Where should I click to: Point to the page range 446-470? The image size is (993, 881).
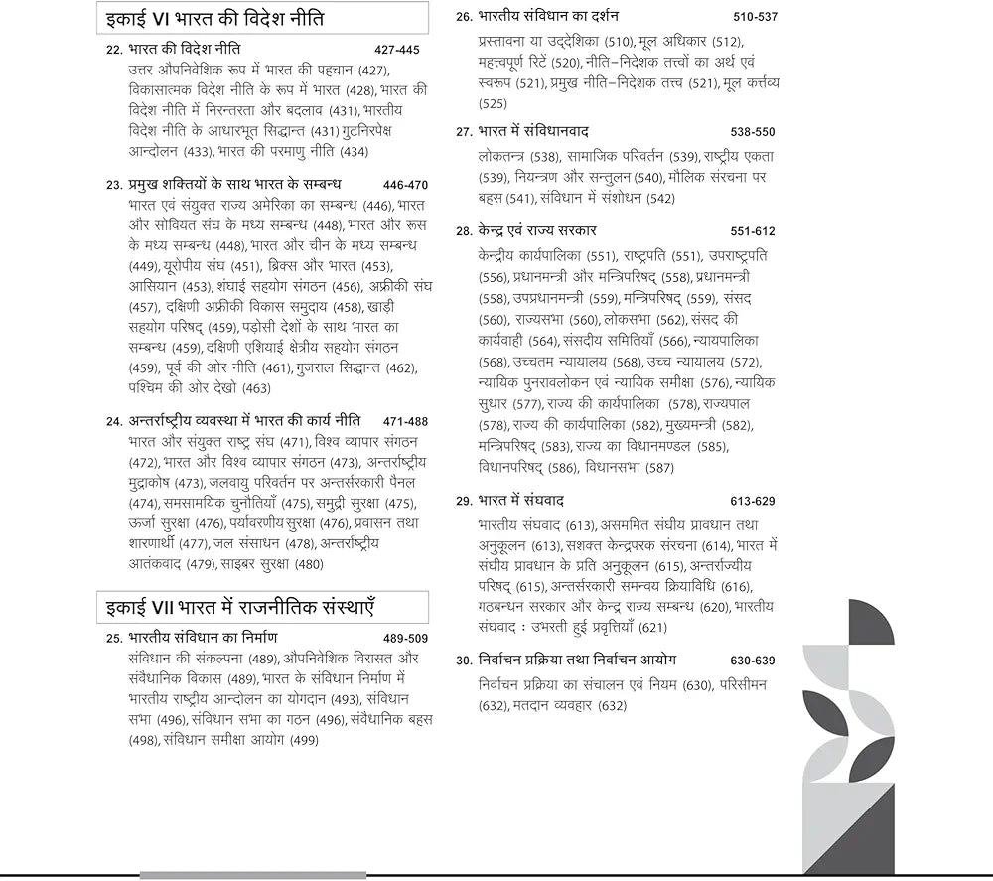(404, 185)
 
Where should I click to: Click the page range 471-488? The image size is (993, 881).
(404, 421)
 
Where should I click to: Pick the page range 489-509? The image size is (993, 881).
(405, 638)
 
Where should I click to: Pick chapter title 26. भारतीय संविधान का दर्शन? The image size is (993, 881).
(549, 16)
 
